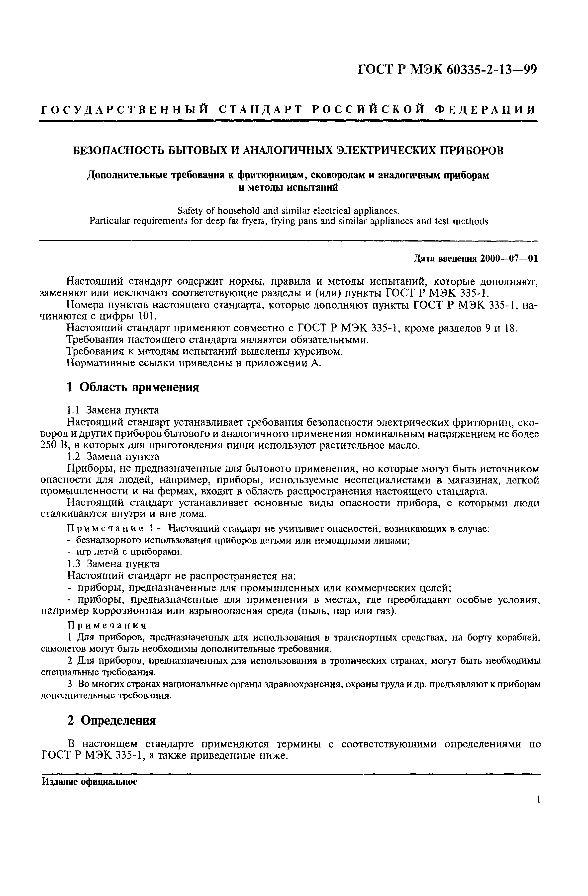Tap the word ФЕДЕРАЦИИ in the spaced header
click(x=486, y=110)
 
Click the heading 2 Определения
click(x=111, y=721)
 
